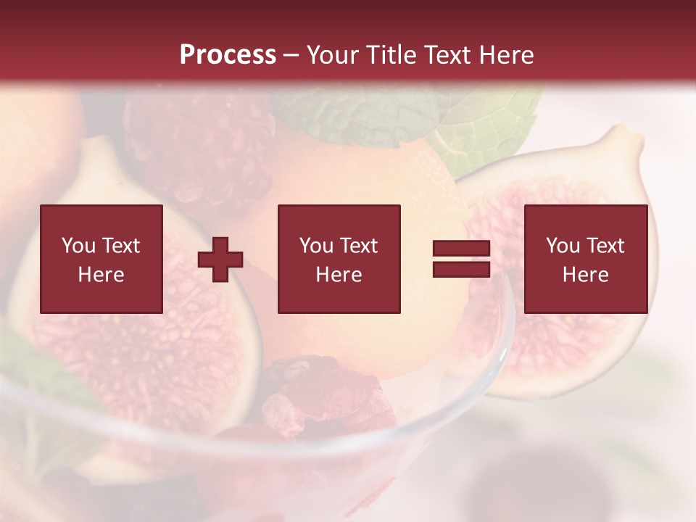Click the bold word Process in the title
tap(228, 54)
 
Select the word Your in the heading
tap(333, 54)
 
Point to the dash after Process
tap(291, 55)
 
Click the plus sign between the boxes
tap(220, 259)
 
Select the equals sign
tap(461, 259)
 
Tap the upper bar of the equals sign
tap(461, 249)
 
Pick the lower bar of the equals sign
tap(461, 269)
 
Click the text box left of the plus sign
tap(101, 259)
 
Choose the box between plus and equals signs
tap(339, 259)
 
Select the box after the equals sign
tap(586, 259)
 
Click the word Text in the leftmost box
tap(120, 246)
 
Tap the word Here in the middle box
tap(339, 274)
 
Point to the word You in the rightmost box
tap(562, 246)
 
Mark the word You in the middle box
tap(316, 246)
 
